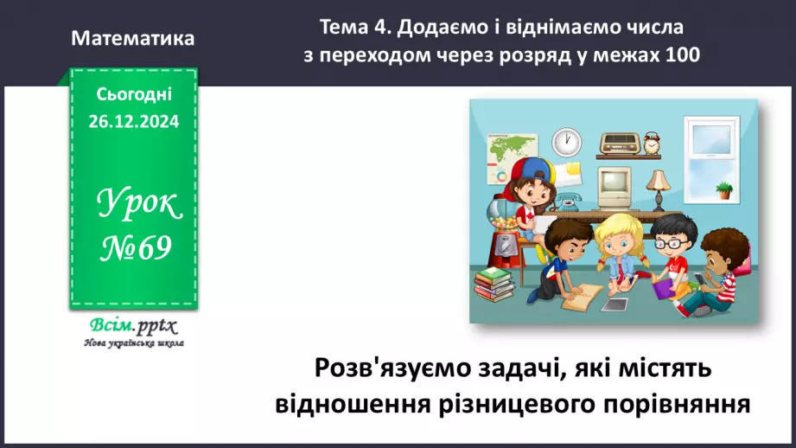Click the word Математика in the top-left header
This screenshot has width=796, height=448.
click(x=133, y=39)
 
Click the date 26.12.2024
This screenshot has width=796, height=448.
click(x=133, y=122)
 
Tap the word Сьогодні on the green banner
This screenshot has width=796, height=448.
click(x=134, y=94)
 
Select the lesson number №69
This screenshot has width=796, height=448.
click(x=133, y=249)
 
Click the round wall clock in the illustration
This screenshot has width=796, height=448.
click(x=567, y=141)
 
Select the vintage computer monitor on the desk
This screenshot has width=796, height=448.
click(x=613, y=182)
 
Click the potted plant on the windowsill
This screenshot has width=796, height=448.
click(x=723, y=189)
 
